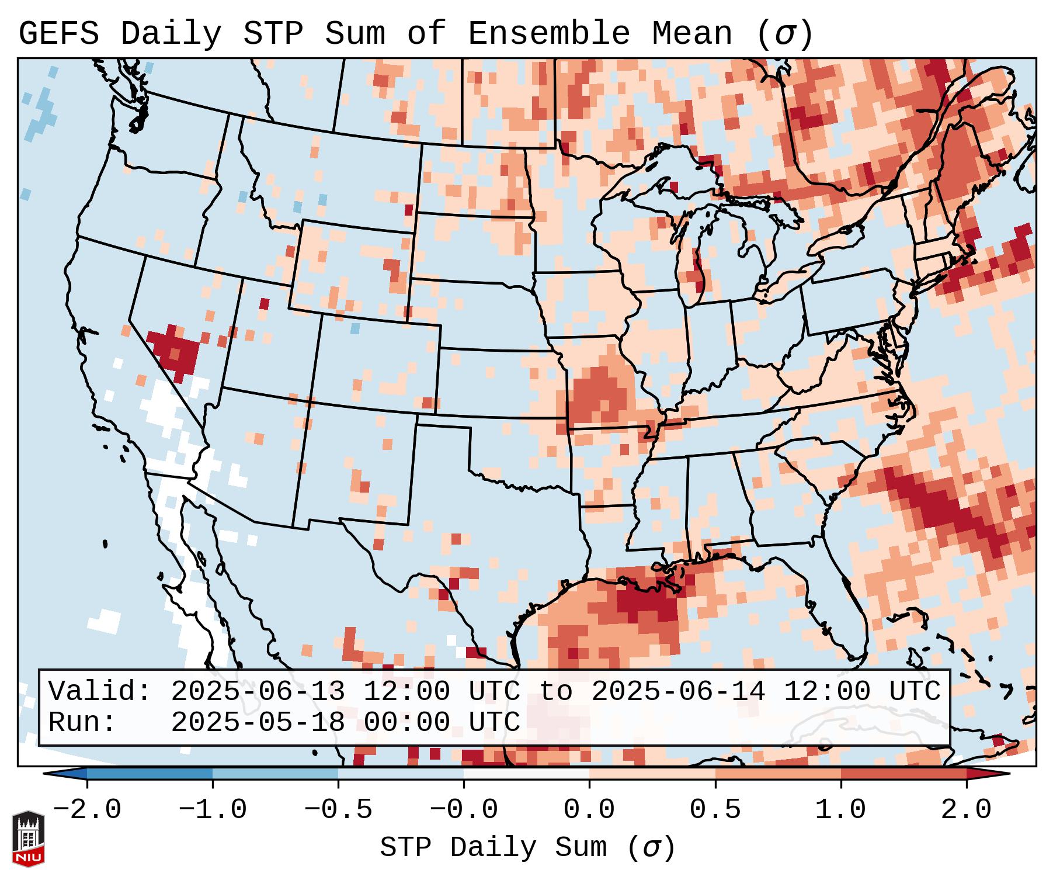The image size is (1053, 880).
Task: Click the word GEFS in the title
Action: coord(58,34)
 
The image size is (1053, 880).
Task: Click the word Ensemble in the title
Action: coord(548,34)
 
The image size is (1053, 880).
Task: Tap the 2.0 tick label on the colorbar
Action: coord(967,810)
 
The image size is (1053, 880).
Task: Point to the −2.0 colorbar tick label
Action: coord(87,810)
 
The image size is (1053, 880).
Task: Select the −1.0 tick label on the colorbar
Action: coord(213,810)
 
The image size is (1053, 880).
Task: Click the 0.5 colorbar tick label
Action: coord(715,810)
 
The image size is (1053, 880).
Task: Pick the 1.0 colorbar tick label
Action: coord(841,810)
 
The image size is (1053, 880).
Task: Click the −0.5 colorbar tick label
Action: coord(338,810)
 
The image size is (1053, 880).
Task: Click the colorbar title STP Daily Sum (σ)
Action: coord(527,848)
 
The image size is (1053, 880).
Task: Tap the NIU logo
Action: coord(28,839)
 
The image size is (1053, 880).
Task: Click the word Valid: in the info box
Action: coord(100,691)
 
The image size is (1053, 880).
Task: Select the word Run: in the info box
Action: coord(82,722)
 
